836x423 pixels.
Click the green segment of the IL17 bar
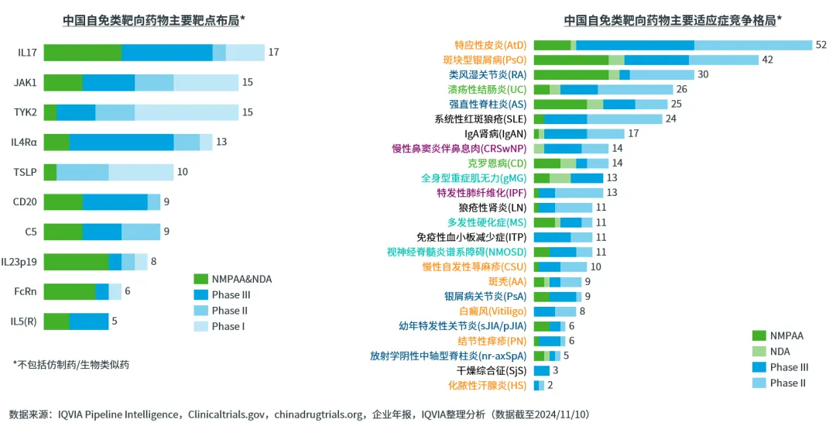click(82, 53)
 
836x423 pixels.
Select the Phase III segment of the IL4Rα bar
click(122, 142)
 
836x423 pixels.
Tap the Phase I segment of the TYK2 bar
click(186, 112)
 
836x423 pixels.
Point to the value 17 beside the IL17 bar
click(273, 53)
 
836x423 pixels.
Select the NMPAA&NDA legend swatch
click(200, 279)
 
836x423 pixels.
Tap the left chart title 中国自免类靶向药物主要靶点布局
click(153, 21)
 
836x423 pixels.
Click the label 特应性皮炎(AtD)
click(490, 46)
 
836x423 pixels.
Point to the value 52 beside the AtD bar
click(821, 46)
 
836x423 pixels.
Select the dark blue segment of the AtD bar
click(635, 46)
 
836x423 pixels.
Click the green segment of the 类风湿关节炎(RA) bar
click(570, 75)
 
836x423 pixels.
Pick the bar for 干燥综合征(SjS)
click(541, 370)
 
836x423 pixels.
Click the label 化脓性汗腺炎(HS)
click(488, 385)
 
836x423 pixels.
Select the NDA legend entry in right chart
click(779, 352)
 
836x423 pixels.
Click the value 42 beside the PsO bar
click(768, 60)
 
